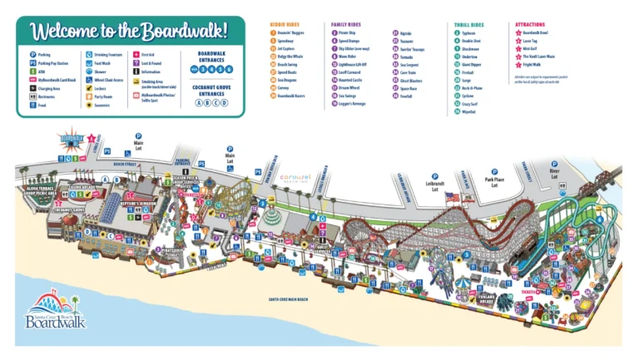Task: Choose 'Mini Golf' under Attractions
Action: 533,48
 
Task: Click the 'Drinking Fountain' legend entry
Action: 104,54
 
